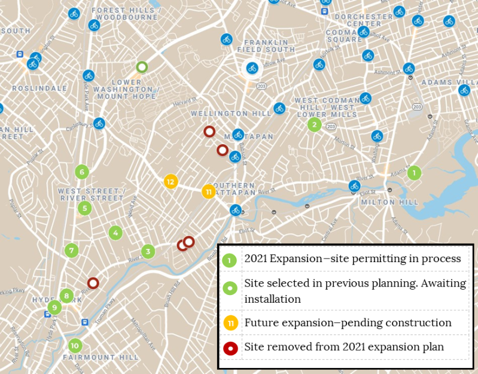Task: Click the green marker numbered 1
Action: coord(413,173)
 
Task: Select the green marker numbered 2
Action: coord(314,124)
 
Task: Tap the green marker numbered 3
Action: coord(148,251)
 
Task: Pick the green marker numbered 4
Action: coord(115,233)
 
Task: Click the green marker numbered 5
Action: coord(84,208)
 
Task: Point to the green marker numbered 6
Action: coord(82,172)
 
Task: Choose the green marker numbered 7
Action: coord(71,250)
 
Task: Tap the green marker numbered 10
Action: coord(75,345)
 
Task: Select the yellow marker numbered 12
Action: coord(171,181)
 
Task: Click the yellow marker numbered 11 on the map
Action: coord(208,191)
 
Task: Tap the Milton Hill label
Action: coord(390,202)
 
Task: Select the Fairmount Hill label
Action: coord(101,357)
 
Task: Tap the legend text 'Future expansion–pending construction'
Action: coord(348,323)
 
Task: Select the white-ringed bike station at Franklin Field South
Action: coord(252,68)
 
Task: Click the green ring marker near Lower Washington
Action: coord(142,67)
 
